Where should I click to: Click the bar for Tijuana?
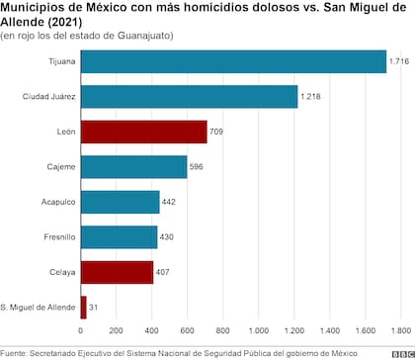[x=232, y=61]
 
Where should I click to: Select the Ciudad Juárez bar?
[x=188, y=96]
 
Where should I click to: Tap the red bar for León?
[x=143, y=132]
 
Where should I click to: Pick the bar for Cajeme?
[x=132, y=167]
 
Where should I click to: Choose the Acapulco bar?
[x=120, y=202]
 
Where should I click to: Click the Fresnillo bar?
[x=119, y=237]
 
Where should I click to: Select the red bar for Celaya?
[x=117, y=272]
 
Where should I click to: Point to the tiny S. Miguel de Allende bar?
[x=83, y=308]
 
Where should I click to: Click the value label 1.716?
[x=398, y=61]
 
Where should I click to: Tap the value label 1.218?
[x=309, y=97]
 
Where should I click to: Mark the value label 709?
[x=217, y=132]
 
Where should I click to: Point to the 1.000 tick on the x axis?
[x=259, y=331]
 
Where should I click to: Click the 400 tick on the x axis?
[x=152, y=331]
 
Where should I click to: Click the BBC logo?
[x=400, y=351]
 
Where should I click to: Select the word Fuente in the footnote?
[x=14, y=352]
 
